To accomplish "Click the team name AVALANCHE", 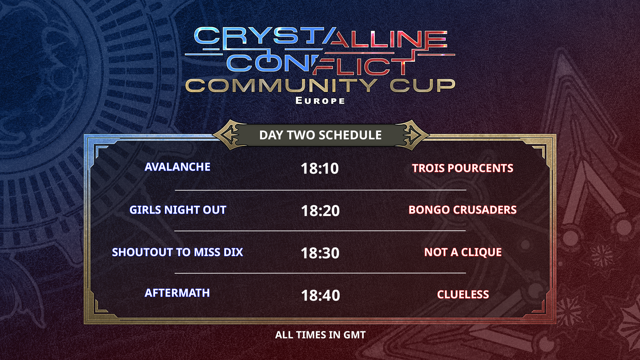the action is [x=177, y=167].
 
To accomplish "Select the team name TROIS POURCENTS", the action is [x=463, y=168].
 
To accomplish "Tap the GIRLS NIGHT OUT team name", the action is [x=178, y=210].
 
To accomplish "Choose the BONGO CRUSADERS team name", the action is [x=463, y=210].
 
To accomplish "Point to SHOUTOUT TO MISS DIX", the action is [x=177, y=252].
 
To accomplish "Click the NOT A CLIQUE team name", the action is [x=463, y=252].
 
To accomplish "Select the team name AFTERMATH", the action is [x=177, y=293].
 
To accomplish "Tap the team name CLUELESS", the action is [x=463, y=294].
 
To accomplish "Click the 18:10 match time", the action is [x=320, y=168].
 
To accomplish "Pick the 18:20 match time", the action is [x=320, y=211].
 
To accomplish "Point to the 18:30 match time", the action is [x=320, y=253].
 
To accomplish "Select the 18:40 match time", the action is [x=320, y=295].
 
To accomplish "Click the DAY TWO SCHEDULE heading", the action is [x=320, y=135].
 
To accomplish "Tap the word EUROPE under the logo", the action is [x=320, y=101].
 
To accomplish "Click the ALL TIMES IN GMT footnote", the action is [x=320, y=335].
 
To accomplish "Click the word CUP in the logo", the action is [x=423, y=86].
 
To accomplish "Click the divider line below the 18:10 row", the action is [x=320, y=190].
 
